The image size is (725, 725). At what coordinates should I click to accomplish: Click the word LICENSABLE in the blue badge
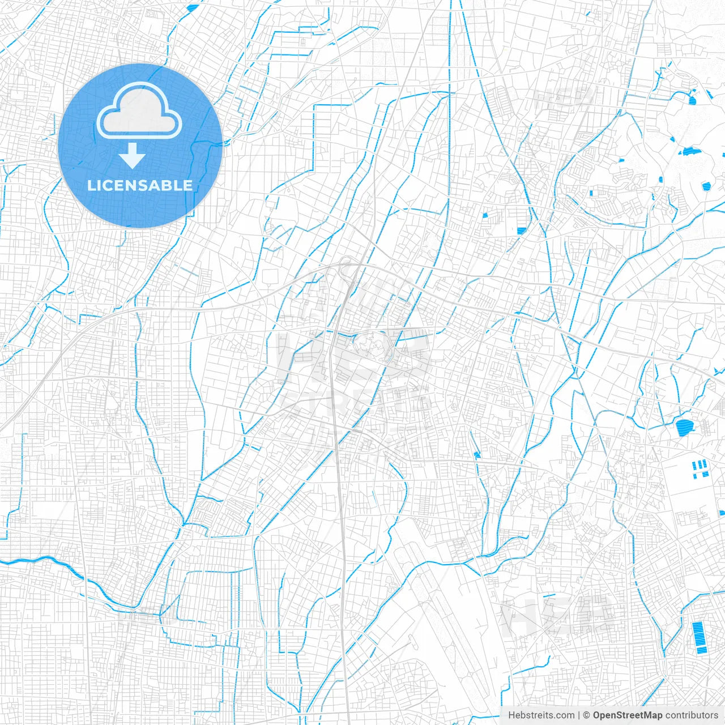click(140, 185)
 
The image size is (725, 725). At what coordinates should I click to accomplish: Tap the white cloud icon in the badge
click(139, 112)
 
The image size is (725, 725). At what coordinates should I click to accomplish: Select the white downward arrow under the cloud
click(133, 156)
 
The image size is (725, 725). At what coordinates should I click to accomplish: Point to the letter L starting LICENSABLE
click(91, 185)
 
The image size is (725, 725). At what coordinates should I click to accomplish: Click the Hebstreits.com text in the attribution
click(541, 715)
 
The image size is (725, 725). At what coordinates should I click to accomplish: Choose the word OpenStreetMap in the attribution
click(628, 715)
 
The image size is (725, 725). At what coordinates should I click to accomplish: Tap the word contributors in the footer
click(692, 715)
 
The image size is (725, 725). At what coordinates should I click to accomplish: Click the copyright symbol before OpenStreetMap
click(586, 715)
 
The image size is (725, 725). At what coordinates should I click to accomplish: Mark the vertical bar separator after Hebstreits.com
click(578, 715)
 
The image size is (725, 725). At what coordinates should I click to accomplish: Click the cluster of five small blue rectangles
click(701, 468)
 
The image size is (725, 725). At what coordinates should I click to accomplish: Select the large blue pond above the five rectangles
click(684, 427)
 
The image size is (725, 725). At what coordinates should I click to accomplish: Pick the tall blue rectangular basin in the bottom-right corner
click(700, 637)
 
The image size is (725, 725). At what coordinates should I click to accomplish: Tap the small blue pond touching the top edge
click(193, 7)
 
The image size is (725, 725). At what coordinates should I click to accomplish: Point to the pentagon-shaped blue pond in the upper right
click(706, 186)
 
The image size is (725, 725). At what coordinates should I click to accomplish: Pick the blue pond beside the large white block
click(522, 230)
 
